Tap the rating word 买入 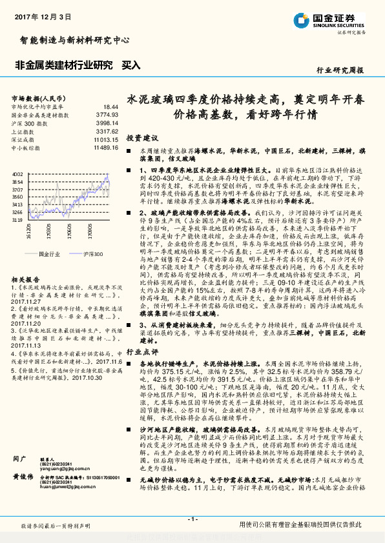pyautogui.click(x=131, y=65)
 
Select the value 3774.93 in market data pyautogui.click(x=107, y=114)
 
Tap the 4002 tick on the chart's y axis pyautogui.click(x=19, y=175)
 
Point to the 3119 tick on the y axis pyautogui.click(x=19, y=220)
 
